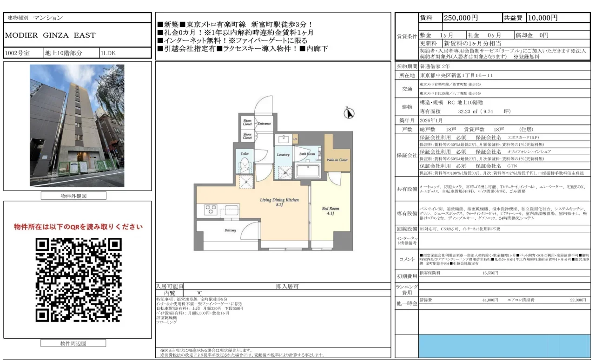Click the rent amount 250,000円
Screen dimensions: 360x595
[x=461, y=18]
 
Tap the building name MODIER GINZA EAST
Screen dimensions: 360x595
[x=50, y=35]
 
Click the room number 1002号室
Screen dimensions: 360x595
[x=18, y=53]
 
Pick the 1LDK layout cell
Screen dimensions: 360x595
[x=108, y=53]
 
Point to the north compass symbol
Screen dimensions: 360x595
[x=350, y=112]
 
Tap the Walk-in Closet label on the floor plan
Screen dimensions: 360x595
[x=337, y=160]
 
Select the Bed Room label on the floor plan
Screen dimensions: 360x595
[x=331, y=211]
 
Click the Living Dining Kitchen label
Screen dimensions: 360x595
[x=279, y=201]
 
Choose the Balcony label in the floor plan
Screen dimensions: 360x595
[x=231, y=230]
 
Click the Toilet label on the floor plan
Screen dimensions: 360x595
[x=245, y=153]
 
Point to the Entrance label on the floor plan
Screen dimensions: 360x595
[x=264, y=124]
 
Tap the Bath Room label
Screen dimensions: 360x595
[x=307, y=154]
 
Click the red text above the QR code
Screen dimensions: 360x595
[x=78, y=227]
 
